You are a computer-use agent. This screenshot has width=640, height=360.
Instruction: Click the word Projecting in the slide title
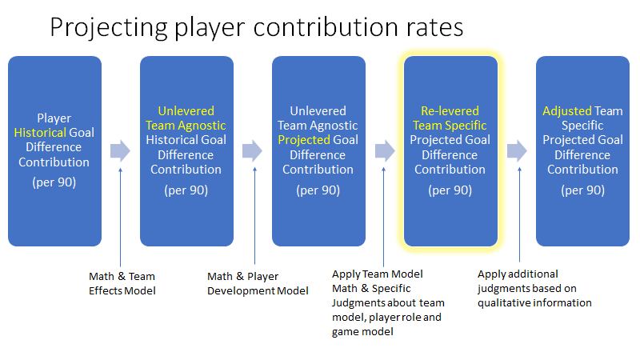point(109,28)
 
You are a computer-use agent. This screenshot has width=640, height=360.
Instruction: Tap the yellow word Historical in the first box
point(40,133)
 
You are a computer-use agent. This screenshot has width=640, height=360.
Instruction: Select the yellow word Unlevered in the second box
point(186,111)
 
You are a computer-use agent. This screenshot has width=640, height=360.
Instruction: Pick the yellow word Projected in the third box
point(304,140)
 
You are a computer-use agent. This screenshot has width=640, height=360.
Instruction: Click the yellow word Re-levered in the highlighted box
point(450,111)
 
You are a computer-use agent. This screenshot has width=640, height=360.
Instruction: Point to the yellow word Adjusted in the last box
point(567,111)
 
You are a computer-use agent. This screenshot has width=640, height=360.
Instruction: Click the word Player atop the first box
point(54,118)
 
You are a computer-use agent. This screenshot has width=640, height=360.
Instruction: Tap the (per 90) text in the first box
point(54,182)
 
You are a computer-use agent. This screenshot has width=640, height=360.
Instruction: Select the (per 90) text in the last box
point(583,190)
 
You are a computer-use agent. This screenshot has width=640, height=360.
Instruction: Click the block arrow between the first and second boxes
point(120,150)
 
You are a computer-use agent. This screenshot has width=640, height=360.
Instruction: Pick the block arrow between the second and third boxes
point(252,150)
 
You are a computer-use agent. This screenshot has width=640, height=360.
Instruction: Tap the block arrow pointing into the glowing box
point(385,150)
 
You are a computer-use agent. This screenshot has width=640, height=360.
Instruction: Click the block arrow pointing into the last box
point(517,150)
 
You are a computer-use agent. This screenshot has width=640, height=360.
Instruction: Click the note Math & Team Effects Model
point(122,284)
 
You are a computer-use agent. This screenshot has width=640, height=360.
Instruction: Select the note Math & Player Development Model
point(258,284)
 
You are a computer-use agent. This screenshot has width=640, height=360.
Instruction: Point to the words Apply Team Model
point(377,274)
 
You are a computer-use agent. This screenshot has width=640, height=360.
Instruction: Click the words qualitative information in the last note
point(534,303)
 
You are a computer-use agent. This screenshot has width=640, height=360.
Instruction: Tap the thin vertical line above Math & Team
point(121,218)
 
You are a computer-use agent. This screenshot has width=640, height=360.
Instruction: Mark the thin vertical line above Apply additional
point(519,214)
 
